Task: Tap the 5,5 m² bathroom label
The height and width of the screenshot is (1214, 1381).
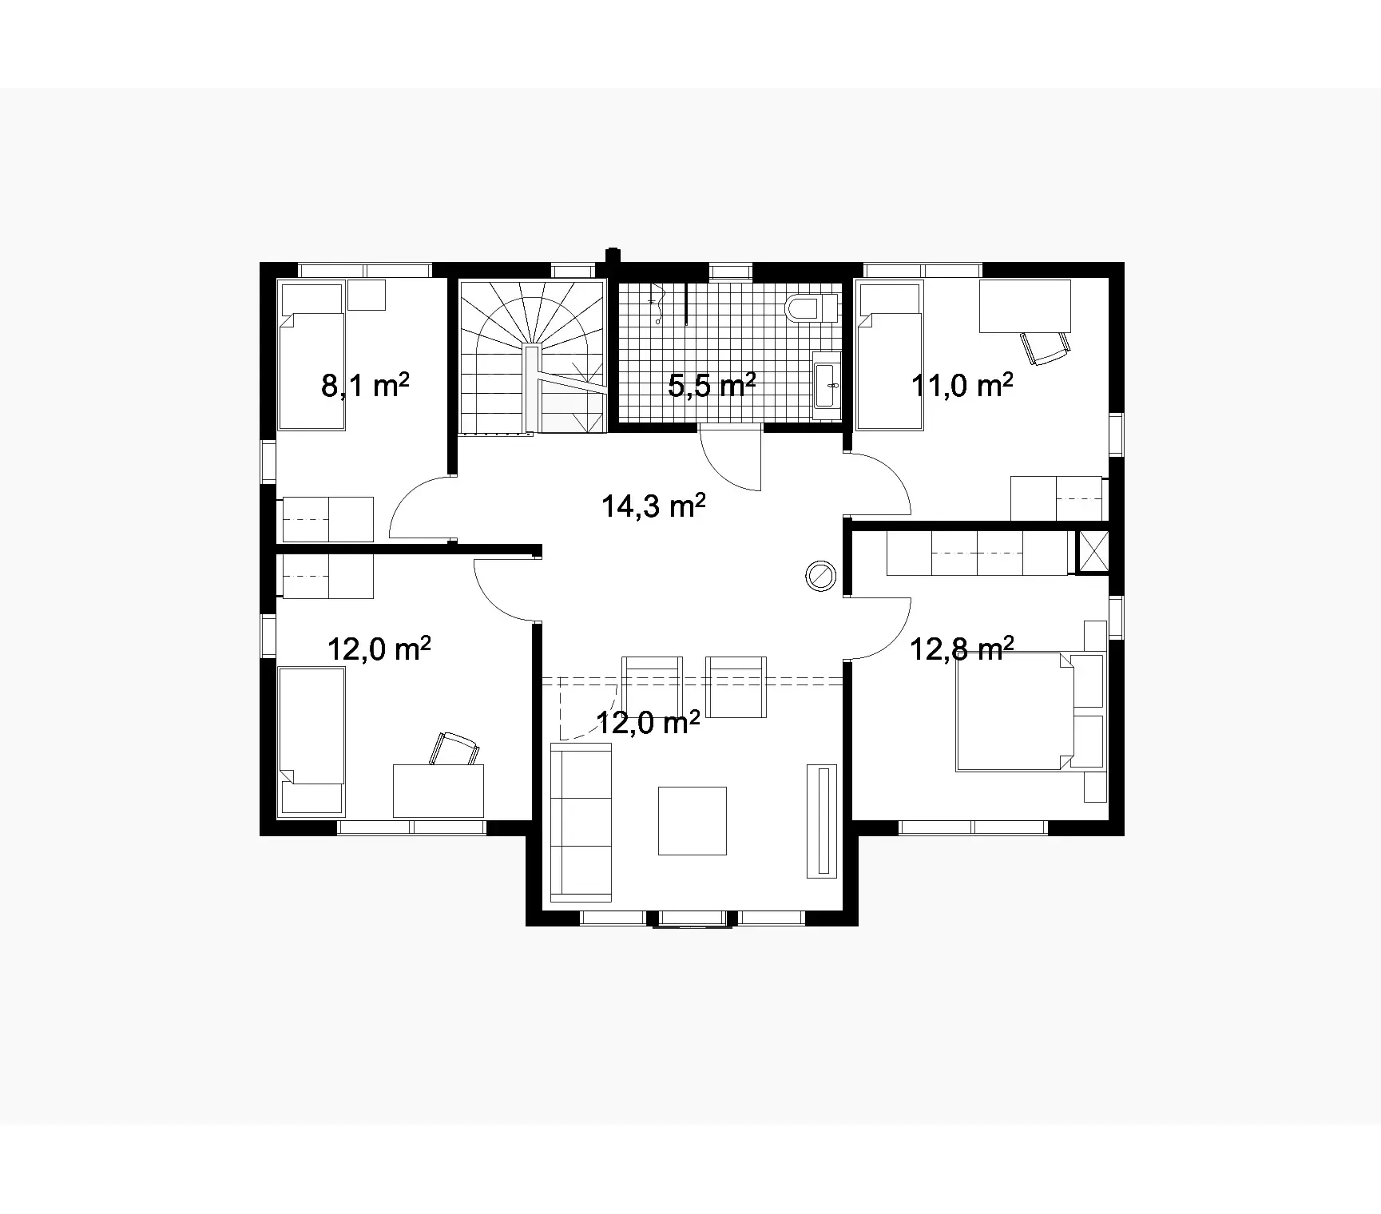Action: pyautogui.click(x=712, y=386)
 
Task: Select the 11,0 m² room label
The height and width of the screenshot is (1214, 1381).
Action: pyautogui.click(x=962, y=386)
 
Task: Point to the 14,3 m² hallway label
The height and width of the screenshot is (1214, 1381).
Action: pyautogui.click(x=653, y=506)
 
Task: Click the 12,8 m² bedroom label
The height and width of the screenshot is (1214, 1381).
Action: pyautogui.click(x=962, y=649)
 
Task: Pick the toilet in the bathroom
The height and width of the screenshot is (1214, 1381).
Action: pyautogui.click(x=809, y=307)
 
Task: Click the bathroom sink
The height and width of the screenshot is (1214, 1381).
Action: pyautogui.click(x=827, y=385)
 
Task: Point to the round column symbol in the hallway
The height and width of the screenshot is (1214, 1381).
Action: pyautogui.click(x=819, y=575)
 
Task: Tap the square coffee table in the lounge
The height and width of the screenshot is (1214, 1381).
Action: pyautogui.click(x=692, y=820)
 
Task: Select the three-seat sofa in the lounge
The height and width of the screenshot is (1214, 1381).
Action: pyautogui.click(x=581, y=820)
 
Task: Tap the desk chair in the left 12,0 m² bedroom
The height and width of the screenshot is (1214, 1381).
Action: pyautogui.click(x=455, y=748)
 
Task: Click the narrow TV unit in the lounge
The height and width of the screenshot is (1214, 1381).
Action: pyautogui.click(x=822, y=820)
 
